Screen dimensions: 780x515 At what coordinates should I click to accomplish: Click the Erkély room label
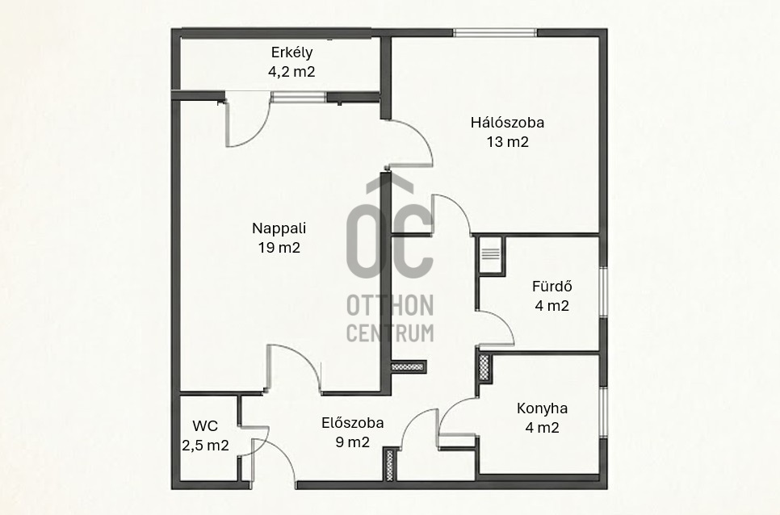pyautogui.click(x=291, y=52)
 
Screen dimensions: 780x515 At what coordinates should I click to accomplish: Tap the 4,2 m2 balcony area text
pyautogui.click(x=291, y=72)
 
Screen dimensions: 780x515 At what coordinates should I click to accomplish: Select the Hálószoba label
pyautogui.click(x=507, y=122)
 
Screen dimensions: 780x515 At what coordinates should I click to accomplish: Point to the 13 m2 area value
pyautogui.click(x=507, y=142)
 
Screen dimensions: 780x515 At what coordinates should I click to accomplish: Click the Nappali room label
pyautogui.click(x=279, y=228)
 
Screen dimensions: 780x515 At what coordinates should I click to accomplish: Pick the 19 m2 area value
pyautogui.click(x=279, y=248)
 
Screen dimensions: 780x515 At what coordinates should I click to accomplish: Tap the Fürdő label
pyautogui.click(x=552, y=287)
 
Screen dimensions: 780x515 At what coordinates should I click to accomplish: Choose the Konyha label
pyautogui.click(x=543, y=408)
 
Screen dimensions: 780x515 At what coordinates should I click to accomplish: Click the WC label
pyautogui.click(x=205, y=426)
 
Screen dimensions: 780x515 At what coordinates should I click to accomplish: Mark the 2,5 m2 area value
pyautogui.click(x=205, y=446)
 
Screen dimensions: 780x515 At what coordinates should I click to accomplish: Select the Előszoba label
pyautogui.click(x=353, y=423)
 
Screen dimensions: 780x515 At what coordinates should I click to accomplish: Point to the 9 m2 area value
pyautogui.click(x=353, y=442)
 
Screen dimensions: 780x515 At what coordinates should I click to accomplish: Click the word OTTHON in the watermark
pyautogui.click(x=390, y=305)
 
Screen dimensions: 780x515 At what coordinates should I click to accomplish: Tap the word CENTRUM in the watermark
pyautogui.click(x=390, y=333)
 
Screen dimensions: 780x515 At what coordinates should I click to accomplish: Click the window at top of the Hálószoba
pyautogui.click(x=495, y=33)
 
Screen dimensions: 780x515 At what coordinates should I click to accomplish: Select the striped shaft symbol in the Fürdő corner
pyautogui.click(x=490, y=254)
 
